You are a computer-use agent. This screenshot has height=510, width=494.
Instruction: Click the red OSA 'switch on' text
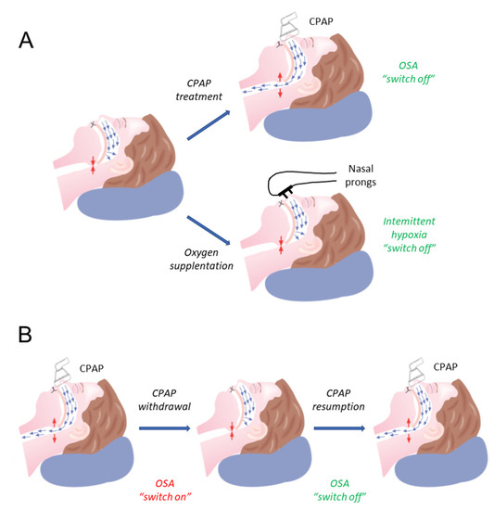pos(167,478)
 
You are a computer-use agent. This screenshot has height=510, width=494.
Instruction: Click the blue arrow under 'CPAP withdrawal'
pos(167,428)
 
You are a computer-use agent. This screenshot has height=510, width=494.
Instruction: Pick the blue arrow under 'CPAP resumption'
pos(345,428)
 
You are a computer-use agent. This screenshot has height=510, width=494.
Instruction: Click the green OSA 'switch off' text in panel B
pos(344,478)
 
